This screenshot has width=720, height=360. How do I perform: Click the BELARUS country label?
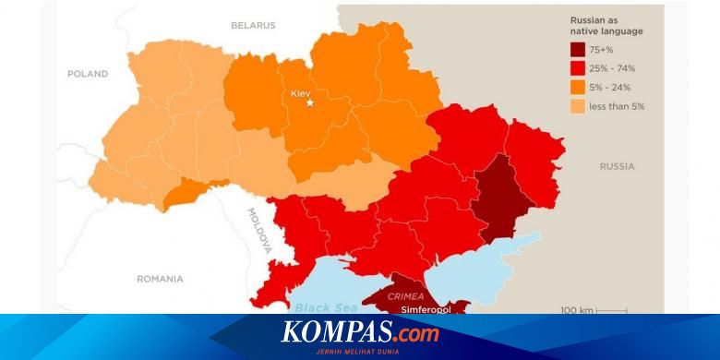tap(253, 25)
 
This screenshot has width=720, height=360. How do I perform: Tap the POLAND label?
tap(88, 74)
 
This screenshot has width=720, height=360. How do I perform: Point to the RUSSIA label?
tap(617, 166)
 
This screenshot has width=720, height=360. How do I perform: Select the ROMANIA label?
tap(160, 278)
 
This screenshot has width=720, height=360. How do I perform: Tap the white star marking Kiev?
tap(310, 102)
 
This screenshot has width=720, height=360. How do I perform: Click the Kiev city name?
tap(301, 93)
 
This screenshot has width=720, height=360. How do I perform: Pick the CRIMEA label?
tap(406, 297)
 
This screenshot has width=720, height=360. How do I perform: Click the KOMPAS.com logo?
tap(360, 331)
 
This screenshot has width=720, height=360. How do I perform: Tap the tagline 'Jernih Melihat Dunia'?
tap(361, 350)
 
